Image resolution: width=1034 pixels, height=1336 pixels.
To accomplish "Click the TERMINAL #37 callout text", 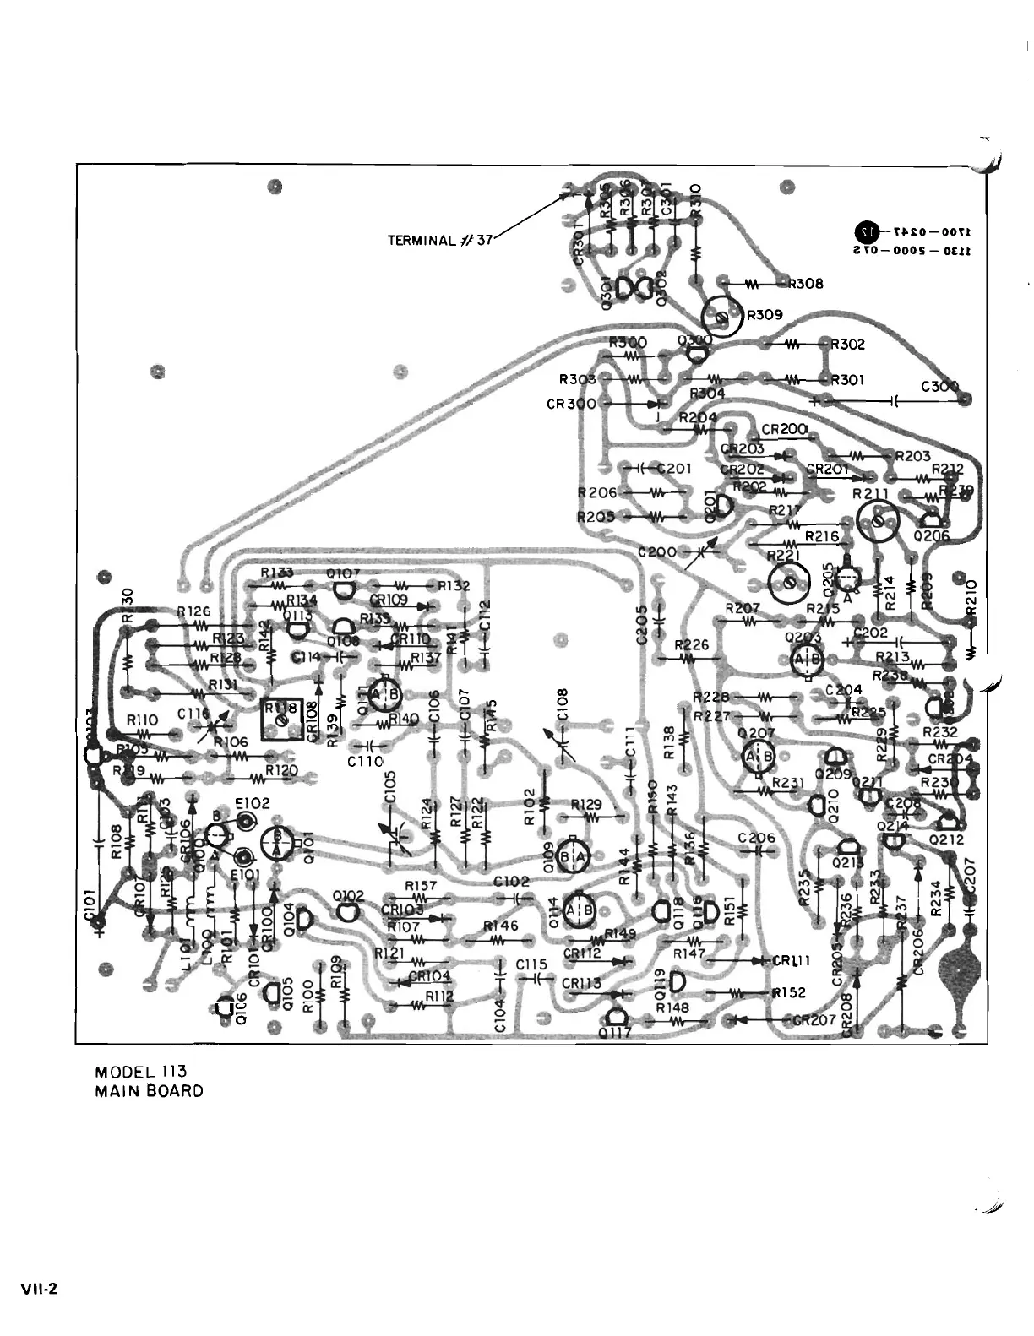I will click(439, 240).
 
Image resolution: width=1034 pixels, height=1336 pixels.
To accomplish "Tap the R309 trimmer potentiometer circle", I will click(721, 317).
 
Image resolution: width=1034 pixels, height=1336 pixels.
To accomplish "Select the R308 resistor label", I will click(805, 284).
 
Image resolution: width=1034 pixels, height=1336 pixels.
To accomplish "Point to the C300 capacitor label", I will click(939, 388).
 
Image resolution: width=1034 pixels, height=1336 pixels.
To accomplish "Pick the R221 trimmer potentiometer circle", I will click(788, 581).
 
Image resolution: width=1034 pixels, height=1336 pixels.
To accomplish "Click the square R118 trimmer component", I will click(282, 719).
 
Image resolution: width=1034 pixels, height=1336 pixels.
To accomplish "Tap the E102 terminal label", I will click(253, 804).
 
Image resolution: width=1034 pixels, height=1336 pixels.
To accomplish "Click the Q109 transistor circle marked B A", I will click(574, 857).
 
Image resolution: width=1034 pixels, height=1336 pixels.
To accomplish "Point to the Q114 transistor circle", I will click(579, 910).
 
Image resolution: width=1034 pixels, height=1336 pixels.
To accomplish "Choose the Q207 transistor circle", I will click(759, 757).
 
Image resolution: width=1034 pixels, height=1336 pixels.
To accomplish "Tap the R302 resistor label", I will click(848, 345).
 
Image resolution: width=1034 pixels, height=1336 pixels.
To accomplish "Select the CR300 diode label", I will click(571, 404).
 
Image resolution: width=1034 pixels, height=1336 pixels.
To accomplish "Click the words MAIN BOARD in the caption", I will click(150, 1091).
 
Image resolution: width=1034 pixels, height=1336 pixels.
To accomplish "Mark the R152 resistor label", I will click(789, 993).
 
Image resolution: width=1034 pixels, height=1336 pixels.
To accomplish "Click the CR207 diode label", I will click(814, 1019).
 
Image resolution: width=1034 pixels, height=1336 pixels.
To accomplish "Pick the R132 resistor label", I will click(453, 585).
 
